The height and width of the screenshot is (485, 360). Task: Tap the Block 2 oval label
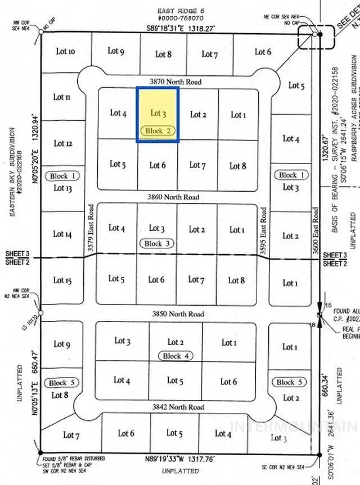coord(158,130)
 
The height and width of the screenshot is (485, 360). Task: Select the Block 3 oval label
coord(157,243)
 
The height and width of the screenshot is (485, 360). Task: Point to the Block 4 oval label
coord(176,356)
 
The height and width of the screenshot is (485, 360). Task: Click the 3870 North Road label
coord(179,82)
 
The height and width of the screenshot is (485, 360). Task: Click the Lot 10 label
coord(65,51)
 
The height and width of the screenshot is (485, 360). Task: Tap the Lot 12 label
coord(62,143)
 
